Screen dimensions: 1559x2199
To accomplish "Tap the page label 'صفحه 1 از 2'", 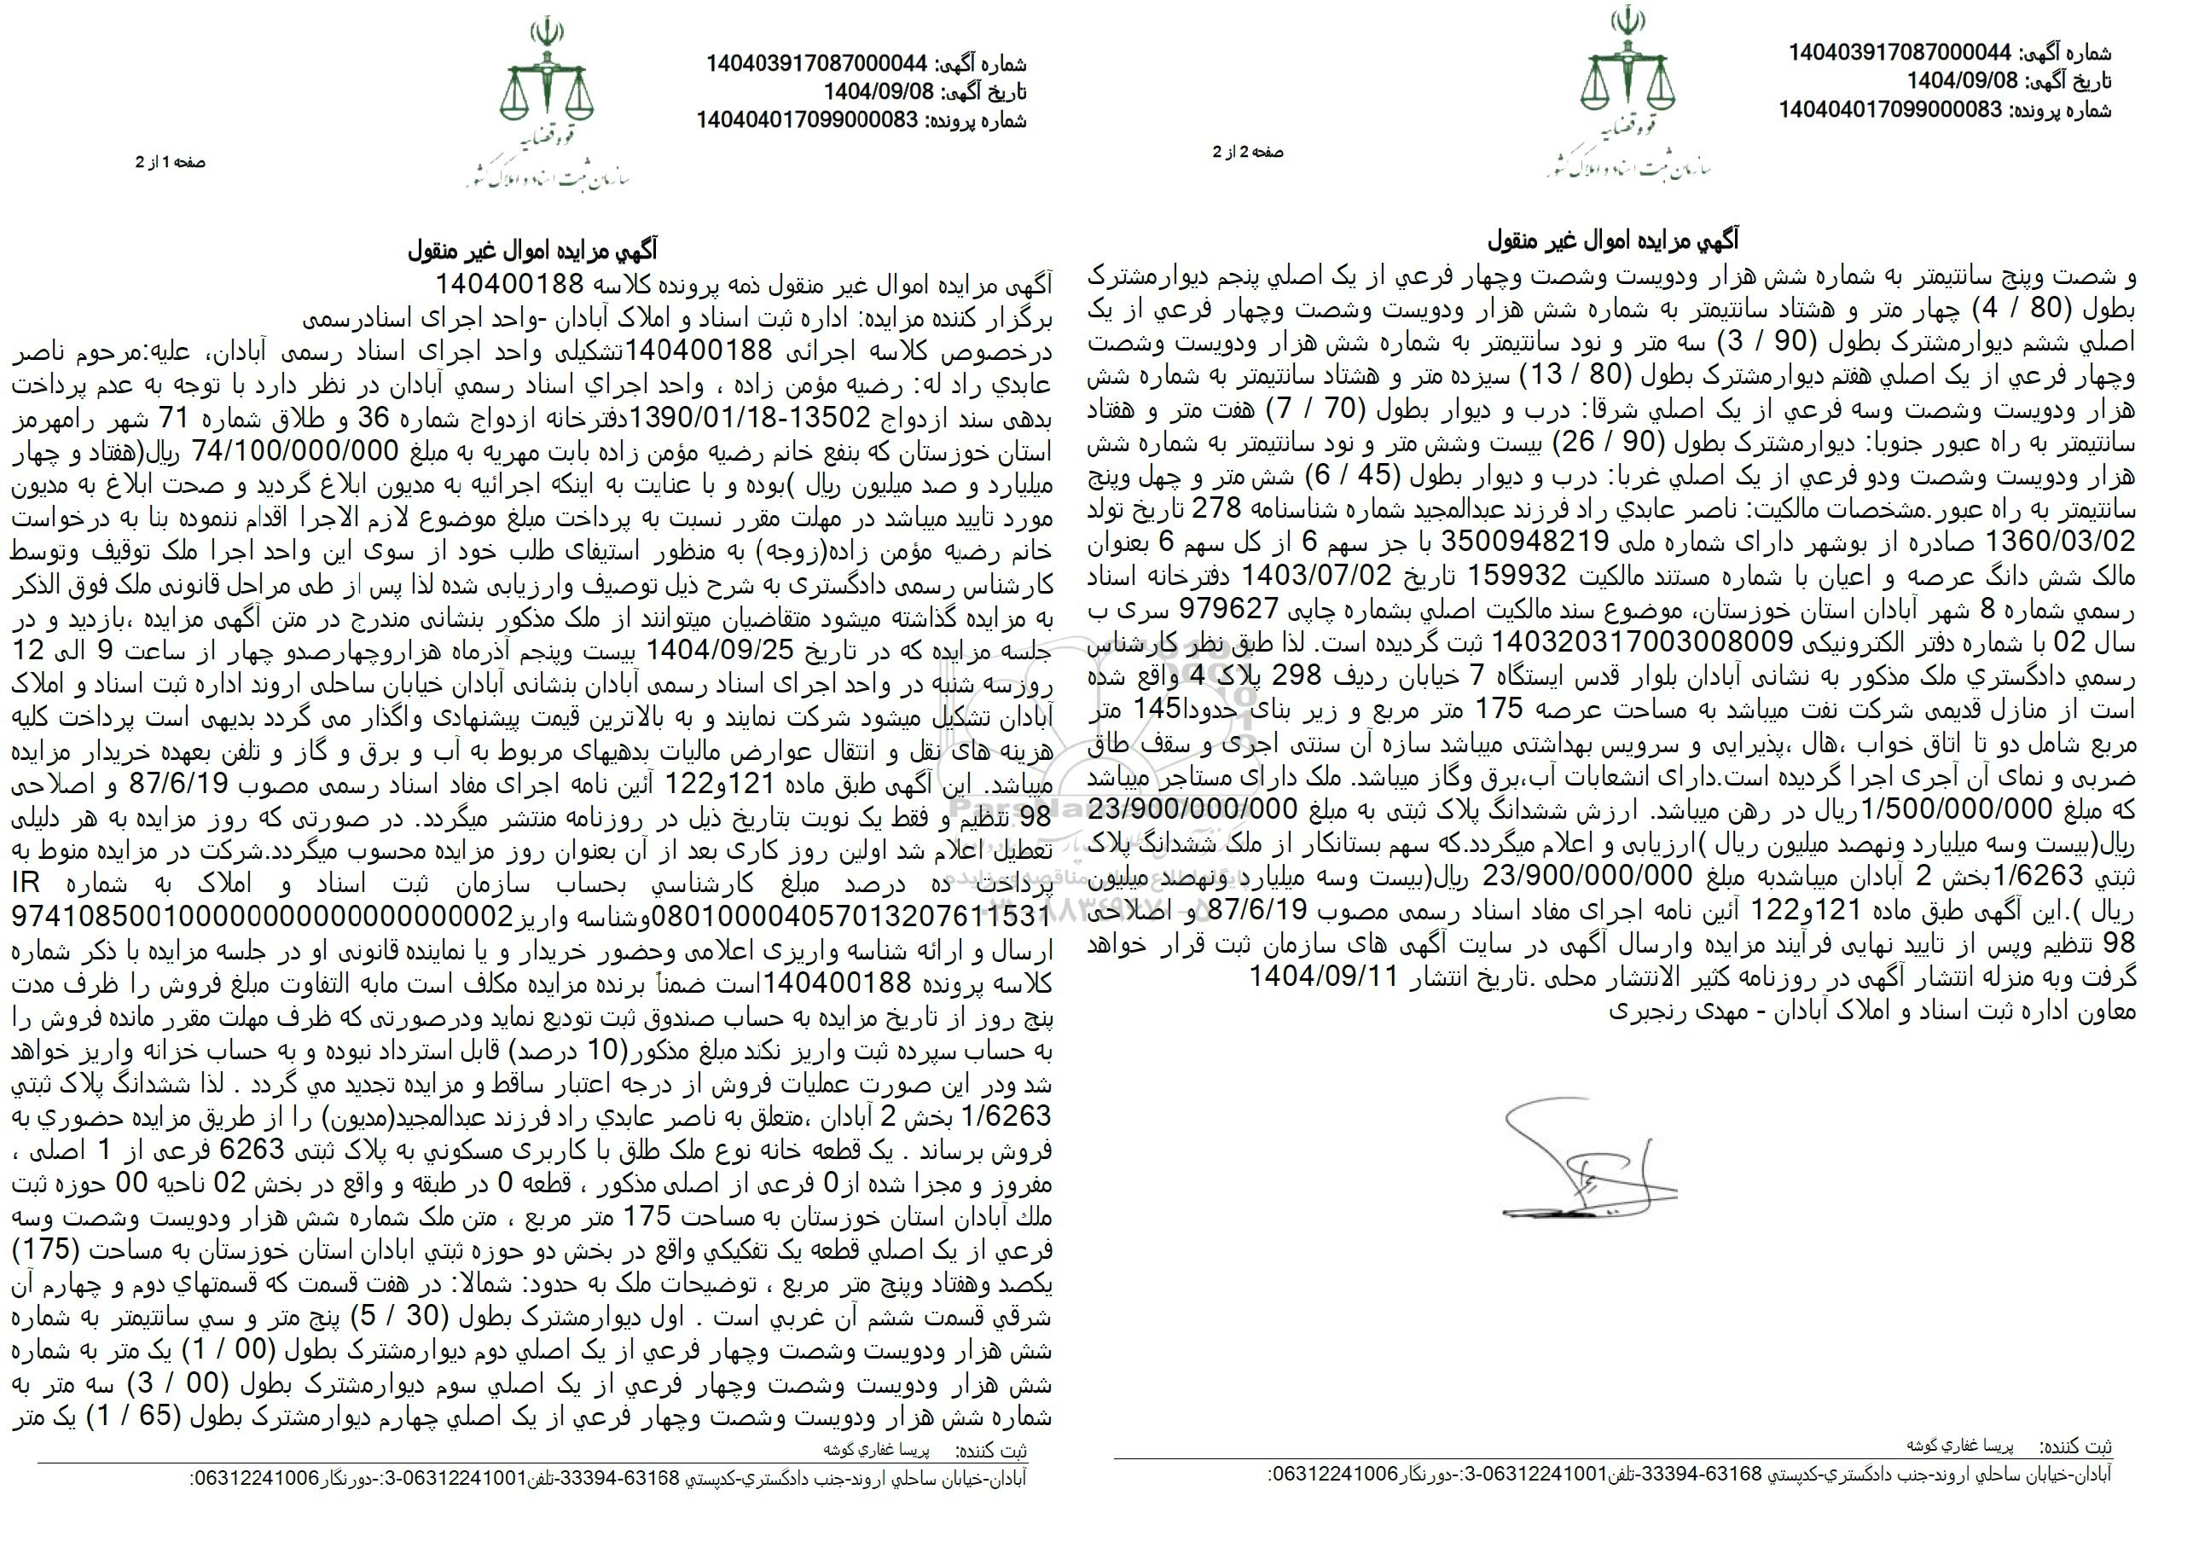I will [x=171, y=163].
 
